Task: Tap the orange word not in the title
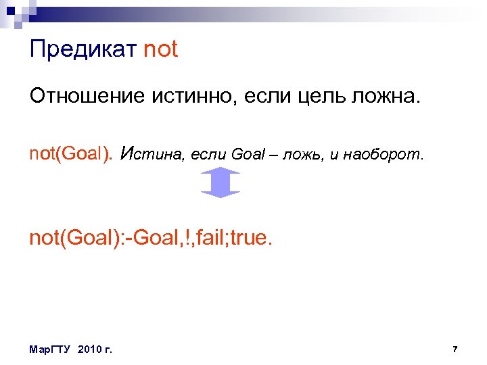(161, 49)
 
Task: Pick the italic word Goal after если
(248, 155)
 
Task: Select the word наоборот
(383, 155)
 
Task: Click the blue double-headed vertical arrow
(221, 183)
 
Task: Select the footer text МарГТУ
(51, 349)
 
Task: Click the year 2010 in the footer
(90, 349)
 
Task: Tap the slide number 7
(455, 349)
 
